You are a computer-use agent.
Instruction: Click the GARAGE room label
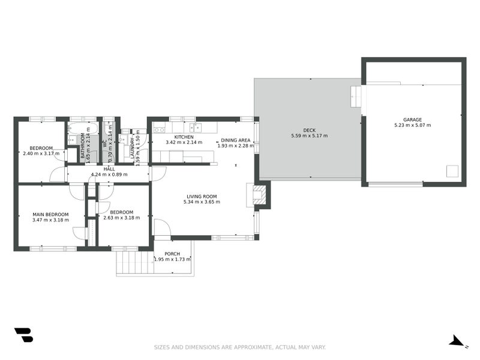[412, 119]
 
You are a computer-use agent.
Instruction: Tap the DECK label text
[309, 130]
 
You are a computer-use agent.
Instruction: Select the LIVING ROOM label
[202, 197]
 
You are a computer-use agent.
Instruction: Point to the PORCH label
[172, 254]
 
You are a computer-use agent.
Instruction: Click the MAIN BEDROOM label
[50, 215]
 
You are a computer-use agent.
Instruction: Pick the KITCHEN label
[184, 137]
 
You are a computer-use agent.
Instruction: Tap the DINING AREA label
[235, 140]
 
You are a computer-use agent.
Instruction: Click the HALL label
[109, 169]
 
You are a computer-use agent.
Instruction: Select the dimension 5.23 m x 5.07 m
[412, 125]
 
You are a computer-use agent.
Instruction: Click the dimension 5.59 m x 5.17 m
[309, 136]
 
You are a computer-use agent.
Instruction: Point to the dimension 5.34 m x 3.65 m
[202, 202]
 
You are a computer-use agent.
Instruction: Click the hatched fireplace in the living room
[258, 194]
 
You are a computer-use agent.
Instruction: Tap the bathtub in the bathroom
[83, 128]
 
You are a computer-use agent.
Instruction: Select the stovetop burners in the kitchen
[159, 130]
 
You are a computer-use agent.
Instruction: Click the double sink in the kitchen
[196, 127]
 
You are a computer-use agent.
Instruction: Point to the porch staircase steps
[135, 262]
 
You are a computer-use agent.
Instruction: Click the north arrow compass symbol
[457, 341]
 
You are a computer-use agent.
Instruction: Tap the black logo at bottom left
[23, 335]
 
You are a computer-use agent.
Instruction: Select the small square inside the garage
[452, 171]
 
